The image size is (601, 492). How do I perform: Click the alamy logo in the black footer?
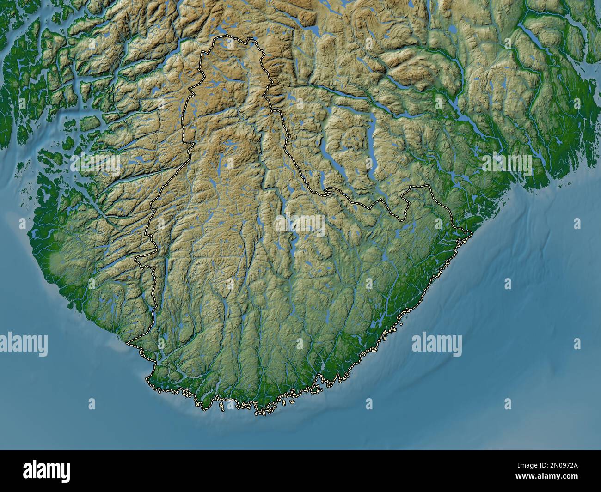pyautogui.click(x=47, y=471)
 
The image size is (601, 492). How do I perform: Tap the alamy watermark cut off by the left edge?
pyautogui.click(x=23, y=344)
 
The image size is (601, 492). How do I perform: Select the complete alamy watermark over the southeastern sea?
pyautogui.click(x=436, y=344)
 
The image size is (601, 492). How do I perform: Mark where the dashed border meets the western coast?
pyautogui.click(x=129, y=343)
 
